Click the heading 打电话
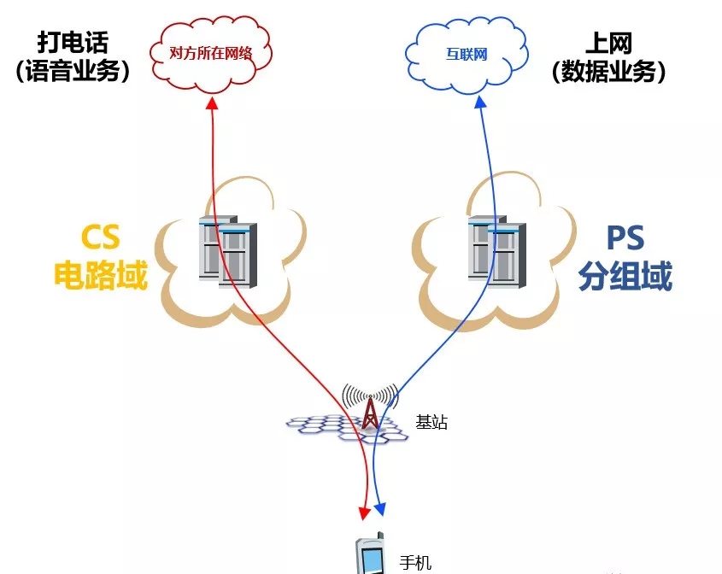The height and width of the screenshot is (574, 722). click(x=73, y=42)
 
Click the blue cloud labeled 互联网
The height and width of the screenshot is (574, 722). click(x=467, y=54)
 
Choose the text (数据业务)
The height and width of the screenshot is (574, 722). click(x=608, y=71)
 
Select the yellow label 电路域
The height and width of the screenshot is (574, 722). click(x=101, y=275)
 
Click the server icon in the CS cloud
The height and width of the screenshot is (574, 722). click(x=226, y=249)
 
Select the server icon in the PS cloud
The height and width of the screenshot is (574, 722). click(x=496, y=249)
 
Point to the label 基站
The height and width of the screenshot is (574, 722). click(x=431, y=422)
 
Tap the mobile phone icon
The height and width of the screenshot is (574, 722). click(x=372, y=556)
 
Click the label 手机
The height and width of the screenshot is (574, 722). click(x=416, y=563)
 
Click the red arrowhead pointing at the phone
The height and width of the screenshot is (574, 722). click(x=364, y=512)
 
